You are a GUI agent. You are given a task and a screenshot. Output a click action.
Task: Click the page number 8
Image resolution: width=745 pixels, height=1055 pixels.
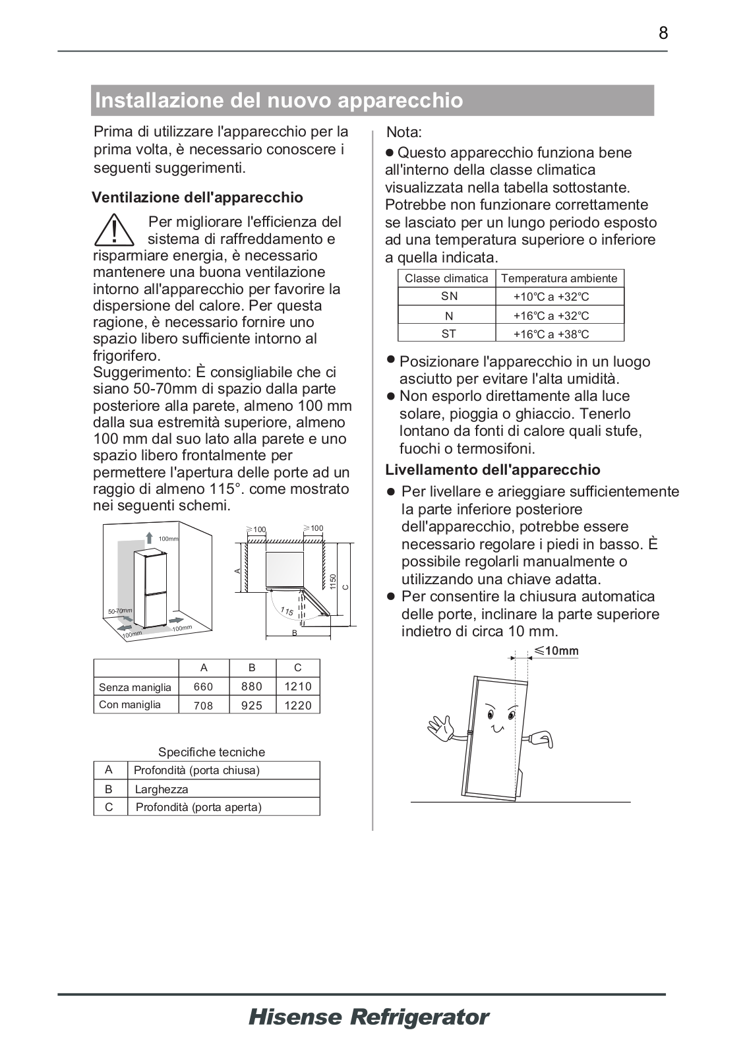pos(663,33)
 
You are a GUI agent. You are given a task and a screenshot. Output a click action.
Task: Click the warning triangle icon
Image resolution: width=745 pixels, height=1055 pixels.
pos(114,230)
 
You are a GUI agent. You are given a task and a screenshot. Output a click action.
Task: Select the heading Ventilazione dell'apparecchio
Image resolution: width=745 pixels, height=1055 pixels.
pos(198,198)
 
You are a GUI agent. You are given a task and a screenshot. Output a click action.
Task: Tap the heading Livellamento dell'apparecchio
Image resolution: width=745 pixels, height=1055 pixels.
pos(492,470)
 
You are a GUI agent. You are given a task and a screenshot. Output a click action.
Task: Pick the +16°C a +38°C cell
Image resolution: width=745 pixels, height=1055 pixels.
pos(551,334)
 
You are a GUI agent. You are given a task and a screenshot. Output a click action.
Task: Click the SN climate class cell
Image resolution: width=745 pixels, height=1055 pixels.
pos(449,297)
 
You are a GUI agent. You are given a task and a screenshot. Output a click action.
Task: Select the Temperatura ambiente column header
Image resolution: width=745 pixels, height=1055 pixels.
pos(559,278)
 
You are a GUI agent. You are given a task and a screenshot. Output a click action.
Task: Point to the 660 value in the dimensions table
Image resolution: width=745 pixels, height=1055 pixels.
pos(203,686)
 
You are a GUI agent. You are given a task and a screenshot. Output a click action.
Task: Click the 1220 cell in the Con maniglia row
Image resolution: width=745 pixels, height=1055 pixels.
pos(297,705)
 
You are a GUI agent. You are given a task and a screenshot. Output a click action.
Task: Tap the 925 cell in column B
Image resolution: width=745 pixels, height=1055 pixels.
pos(252,705)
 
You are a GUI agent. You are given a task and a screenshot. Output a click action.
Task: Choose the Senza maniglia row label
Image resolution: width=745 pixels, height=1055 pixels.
pos(135,687)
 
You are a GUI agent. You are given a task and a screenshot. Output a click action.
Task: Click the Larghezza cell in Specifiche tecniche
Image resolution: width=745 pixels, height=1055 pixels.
pos(162,789)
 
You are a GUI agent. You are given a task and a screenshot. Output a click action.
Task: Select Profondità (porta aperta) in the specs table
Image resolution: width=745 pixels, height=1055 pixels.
pos(198,807)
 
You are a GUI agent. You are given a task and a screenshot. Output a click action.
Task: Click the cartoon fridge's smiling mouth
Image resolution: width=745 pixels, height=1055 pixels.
pos(498,728)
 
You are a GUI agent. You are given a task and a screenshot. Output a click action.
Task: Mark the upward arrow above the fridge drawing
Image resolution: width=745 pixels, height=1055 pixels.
pos(150,537)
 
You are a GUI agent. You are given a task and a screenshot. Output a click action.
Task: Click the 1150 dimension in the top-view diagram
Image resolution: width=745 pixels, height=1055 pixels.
pos(334,582)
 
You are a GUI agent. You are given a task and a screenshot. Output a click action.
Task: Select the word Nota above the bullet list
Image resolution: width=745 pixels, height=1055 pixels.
pos(403,133)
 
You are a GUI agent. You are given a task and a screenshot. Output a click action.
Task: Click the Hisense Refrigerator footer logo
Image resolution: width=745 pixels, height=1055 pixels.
pos(369,1017)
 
